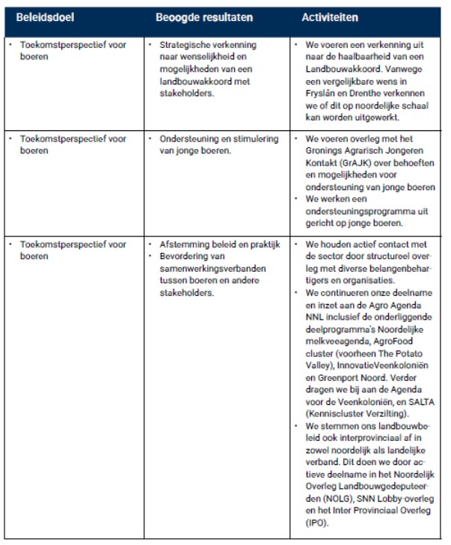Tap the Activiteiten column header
330,16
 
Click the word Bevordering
187,256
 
